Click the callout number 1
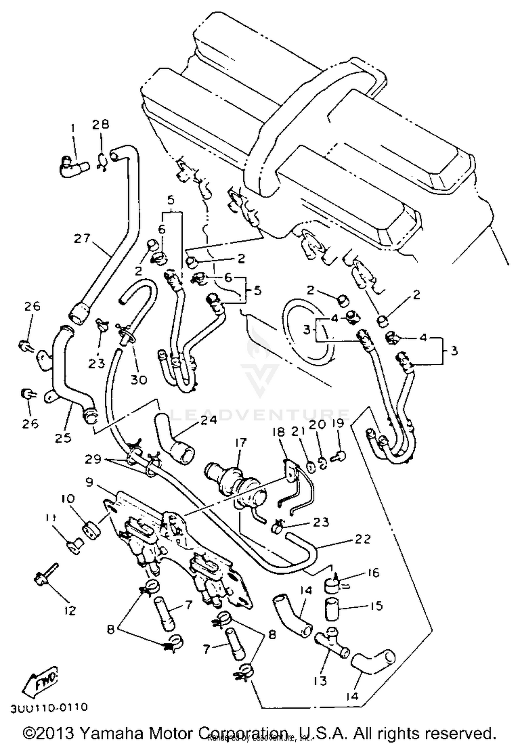pos(73,129)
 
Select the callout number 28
pos(101,125)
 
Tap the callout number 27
pos(82,239)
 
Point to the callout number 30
pos(139,380)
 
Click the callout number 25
pos(63,438)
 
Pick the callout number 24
pos(209,420)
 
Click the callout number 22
pos(363,539)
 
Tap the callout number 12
pos(70,610)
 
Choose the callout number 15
pos(374,606)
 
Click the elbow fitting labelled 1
pos(74,168)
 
